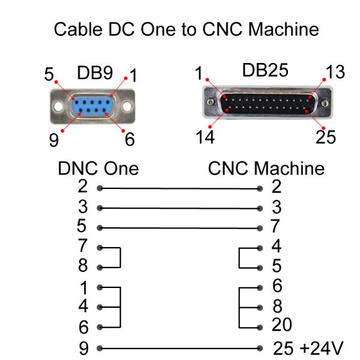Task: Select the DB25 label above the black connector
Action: click(x=265, y=70)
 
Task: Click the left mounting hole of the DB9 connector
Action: click(x=58, y=107)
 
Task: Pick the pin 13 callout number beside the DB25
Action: click(x=335, y=73)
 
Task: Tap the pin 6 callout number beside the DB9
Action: click(x=130, y=139)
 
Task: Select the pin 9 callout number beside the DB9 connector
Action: click(x=55, y=139)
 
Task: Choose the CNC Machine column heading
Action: click(x=266, y=168)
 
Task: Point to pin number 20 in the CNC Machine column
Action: click(x=282, y=325)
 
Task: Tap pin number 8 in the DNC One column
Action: click(x=83, y=266)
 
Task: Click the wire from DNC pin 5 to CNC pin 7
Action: click(x=180, y=228)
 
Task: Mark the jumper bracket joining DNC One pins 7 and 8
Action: click(x=121, y=257)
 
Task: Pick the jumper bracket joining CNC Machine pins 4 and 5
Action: click(x=239, y=257)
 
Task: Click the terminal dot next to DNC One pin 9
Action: click(x=99, y=347)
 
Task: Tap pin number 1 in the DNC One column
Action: click(x=83, y=287)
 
